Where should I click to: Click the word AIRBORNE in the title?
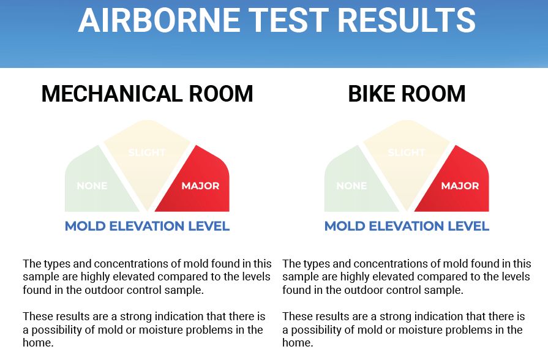[159, 20]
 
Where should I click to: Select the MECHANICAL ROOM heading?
[147, 94]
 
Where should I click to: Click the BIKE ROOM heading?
[407, 94]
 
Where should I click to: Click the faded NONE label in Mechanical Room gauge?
[92, 186]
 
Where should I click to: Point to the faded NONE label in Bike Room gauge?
[351, 186]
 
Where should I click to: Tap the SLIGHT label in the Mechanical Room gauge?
[147, 152]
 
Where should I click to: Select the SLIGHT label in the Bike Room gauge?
[407, 152]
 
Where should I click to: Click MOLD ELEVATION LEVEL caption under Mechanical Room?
[147, 226]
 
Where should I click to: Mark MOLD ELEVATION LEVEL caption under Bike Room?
[407, 226]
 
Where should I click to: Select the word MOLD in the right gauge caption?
[345, 226]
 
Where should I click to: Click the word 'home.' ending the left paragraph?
[38, 343]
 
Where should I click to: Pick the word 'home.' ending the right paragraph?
[298, 343]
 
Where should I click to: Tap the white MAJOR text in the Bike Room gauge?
[460, 186]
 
